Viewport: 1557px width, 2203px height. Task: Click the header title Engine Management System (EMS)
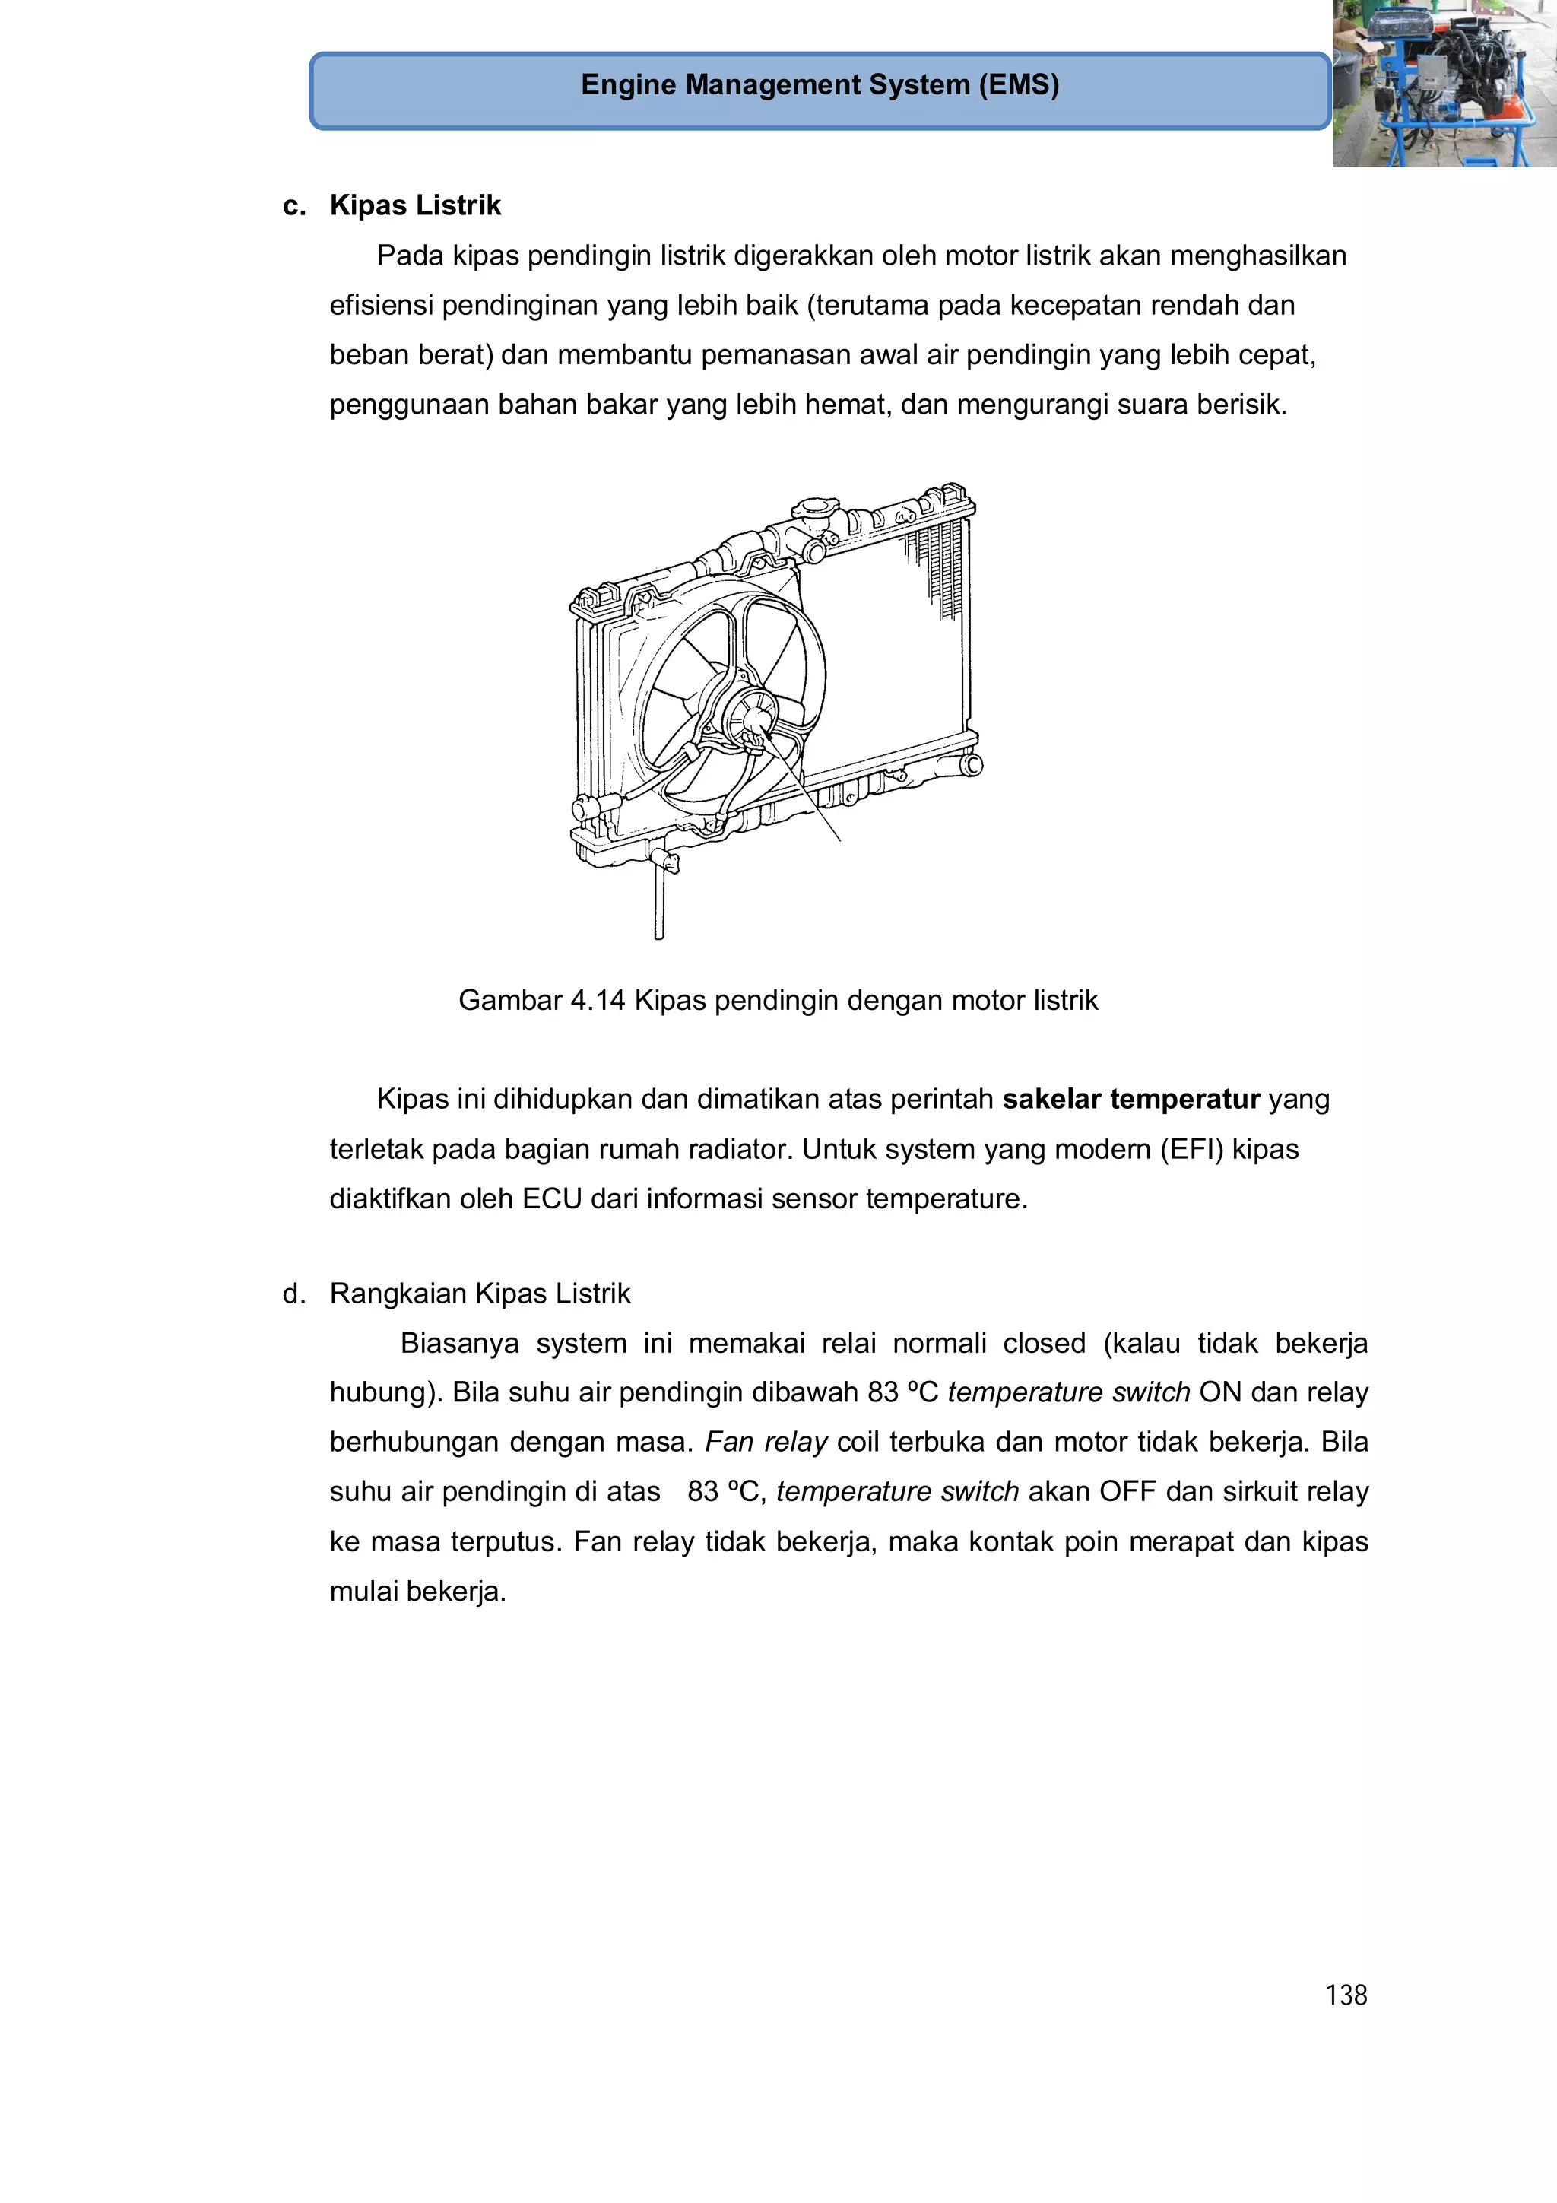(x=820, y=85)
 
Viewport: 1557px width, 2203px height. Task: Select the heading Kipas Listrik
(x=414, y=205)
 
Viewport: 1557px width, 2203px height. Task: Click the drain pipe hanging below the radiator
(x=659, y=901)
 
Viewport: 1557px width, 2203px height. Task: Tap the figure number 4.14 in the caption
(x=597, y=1001)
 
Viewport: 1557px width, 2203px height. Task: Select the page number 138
(x=1345, y=1995)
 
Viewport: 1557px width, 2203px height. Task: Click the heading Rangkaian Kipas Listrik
(x=480, y=1294)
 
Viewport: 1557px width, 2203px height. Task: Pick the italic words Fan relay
(x=766, y=1442)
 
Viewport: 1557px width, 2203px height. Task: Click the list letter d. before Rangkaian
(x=293, y=1294)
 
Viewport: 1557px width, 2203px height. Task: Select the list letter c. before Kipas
(x=293, y=205)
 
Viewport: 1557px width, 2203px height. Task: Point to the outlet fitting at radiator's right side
(x=970, y=765)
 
